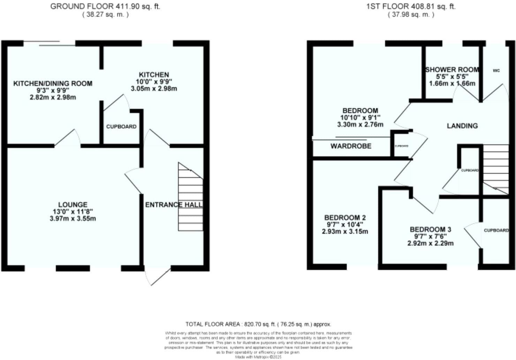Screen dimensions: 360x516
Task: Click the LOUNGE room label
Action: click(73, 205)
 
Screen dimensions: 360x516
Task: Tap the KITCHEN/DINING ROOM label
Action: click(53, 83)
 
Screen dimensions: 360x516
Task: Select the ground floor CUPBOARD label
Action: click(121, 127)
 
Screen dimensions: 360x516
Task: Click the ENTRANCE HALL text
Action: click(174, 205)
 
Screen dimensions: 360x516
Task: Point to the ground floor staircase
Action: click(190, 197)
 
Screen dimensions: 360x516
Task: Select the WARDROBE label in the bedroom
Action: click(351, 146)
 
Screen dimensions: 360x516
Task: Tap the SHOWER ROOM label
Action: click(451, 70)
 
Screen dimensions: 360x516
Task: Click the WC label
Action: click(496, 70)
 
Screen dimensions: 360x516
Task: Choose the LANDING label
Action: click(462, 126)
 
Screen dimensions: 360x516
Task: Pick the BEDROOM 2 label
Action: click(345, 218)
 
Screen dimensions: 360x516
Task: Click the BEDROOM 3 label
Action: click(430, 230)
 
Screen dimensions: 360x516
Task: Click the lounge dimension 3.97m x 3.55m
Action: click(73, 219)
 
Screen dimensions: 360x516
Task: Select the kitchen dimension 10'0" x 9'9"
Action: click(154, 82)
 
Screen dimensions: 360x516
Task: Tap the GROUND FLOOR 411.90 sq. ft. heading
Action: click(105, 6)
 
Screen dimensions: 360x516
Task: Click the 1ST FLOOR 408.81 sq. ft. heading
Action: click(411, 6)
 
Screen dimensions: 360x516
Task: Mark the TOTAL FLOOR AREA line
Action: click(258, 324)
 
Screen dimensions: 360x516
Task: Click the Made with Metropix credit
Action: click(258, 357)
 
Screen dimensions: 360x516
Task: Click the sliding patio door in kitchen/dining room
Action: click(50, 44)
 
